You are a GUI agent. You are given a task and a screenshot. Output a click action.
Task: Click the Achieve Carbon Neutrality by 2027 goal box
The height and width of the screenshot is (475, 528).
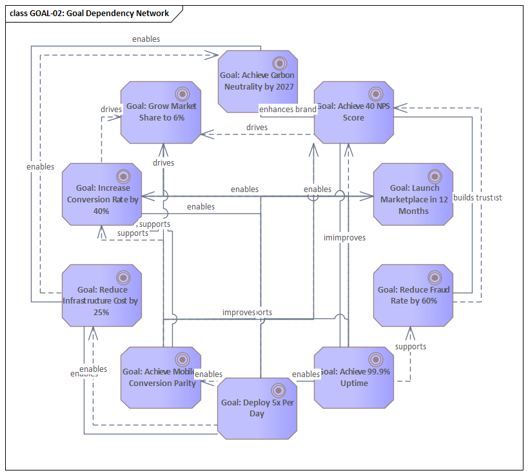click(257, 81)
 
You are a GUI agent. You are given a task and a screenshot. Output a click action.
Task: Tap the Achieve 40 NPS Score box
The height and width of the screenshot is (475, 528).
click(353, 111)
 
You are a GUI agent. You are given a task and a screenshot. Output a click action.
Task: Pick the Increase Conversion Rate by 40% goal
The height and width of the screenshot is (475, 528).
click(103, 194)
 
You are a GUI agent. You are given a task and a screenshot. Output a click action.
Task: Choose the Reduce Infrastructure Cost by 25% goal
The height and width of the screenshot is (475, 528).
click(102, 295)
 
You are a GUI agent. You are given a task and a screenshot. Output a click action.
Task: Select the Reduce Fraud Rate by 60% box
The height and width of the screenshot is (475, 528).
click(413, 295)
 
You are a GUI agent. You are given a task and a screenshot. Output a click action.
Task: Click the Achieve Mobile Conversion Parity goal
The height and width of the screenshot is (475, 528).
click(161, 377)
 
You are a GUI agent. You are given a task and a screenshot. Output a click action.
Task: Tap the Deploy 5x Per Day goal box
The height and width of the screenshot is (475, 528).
click(257, 408)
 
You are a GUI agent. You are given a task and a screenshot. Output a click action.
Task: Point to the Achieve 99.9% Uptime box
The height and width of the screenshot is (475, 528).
click(353, 377)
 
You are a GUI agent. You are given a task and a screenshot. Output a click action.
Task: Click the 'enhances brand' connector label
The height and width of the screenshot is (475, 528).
click(288, 109)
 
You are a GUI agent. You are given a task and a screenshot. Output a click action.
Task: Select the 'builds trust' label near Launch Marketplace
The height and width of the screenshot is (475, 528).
click(477, 197)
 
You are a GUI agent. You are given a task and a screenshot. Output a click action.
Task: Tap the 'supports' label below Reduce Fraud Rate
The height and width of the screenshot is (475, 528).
click(410, 346)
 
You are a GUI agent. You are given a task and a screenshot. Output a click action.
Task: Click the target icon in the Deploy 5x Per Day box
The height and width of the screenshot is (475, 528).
click(279, 389)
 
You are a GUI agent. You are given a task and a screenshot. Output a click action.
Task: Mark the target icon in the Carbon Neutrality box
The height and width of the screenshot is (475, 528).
click(279, 63)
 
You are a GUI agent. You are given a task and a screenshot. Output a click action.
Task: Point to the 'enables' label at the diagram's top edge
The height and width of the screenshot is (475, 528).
click(146, 39)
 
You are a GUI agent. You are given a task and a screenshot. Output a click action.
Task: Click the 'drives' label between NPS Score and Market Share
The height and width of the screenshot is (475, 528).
click(257, 127)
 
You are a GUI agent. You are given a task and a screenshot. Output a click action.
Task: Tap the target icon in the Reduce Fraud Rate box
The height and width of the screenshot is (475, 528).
click(435, 277)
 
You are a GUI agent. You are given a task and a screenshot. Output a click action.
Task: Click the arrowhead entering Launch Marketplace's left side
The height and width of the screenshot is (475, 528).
click(369, 197)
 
